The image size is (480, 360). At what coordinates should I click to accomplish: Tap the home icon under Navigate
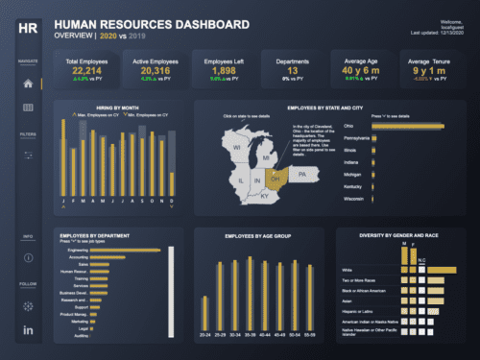click(27, 84)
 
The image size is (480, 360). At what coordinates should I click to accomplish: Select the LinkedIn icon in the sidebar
click(27, 330)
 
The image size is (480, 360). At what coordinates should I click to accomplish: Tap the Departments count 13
click(293, 70)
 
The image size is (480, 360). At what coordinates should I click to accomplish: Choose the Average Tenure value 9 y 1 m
click(426, 70)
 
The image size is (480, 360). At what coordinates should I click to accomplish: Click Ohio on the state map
click(276, 178)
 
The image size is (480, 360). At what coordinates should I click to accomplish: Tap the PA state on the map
click(302, 175)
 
